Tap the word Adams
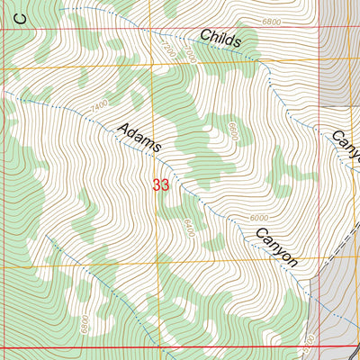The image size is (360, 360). point(139,137)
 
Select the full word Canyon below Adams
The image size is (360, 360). point(276,246)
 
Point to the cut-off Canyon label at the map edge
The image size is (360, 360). point(346,143)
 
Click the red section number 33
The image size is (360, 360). point(161,185)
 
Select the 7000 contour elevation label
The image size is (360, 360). point(191,56)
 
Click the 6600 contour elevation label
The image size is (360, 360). point(231,131)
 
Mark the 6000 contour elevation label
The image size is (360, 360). point(259,218)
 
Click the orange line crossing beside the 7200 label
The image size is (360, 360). point(150,66)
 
